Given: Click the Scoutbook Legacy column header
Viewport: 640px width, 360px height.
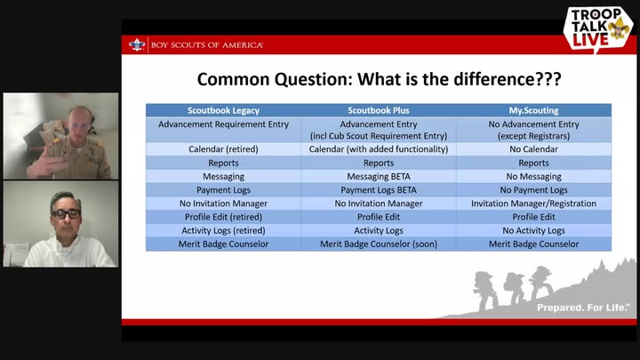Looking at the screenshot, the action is coord(223,110).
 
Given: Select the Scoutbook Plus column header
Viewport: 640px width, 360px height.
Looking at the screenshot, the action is coord(379,110).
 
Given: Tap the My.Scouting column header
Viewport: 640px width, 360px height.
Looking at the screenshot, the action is coord(533,110).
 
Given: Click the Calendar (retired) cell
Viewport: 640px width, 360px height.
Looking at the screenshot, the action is coord(223,149).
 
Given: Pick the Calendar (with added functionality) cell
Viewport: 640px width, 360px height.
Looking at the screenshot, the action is coord(379,149).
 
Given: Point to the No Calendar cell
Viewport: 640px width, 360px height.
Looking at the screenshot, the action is coord(533,149).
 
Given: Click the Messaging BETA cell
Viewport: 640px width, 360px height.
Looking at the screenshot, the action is coord(379,177).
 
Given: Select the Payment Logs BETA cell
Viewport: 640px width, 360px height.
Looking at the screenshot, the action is coord(379,190).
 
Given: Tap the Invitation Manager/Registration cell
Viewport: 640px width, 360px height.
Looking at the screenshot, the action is coord(533,204).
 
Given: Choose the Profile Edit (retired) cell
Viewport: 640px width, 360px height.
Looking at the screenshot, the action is coord(223,217).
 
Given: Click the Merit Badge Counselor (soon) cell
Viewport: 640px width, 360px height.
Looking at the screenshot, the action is coord(379,244).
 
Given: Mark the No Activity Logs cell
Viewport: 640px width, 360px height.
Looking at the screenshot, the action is coord(533,230).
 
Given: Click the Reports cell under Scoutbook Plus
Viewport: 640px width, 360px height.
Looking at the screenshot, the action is coord(379,164).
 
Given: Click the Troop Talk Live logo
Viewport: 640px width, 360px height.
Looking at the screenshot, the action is coord(598,28).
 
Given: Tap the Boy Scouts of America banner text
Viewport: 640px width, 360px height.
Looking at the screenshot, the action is coord(207,45).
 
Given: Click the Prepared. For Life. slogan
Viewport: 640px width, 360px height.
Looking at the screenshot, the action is coord(583,308).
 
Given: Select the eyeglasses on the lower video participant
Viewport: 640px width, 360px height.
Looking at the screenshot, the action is coord(66,213).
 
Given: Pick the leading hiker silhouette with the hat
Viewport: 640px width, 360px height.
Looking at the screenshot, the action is coord(484,290).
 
